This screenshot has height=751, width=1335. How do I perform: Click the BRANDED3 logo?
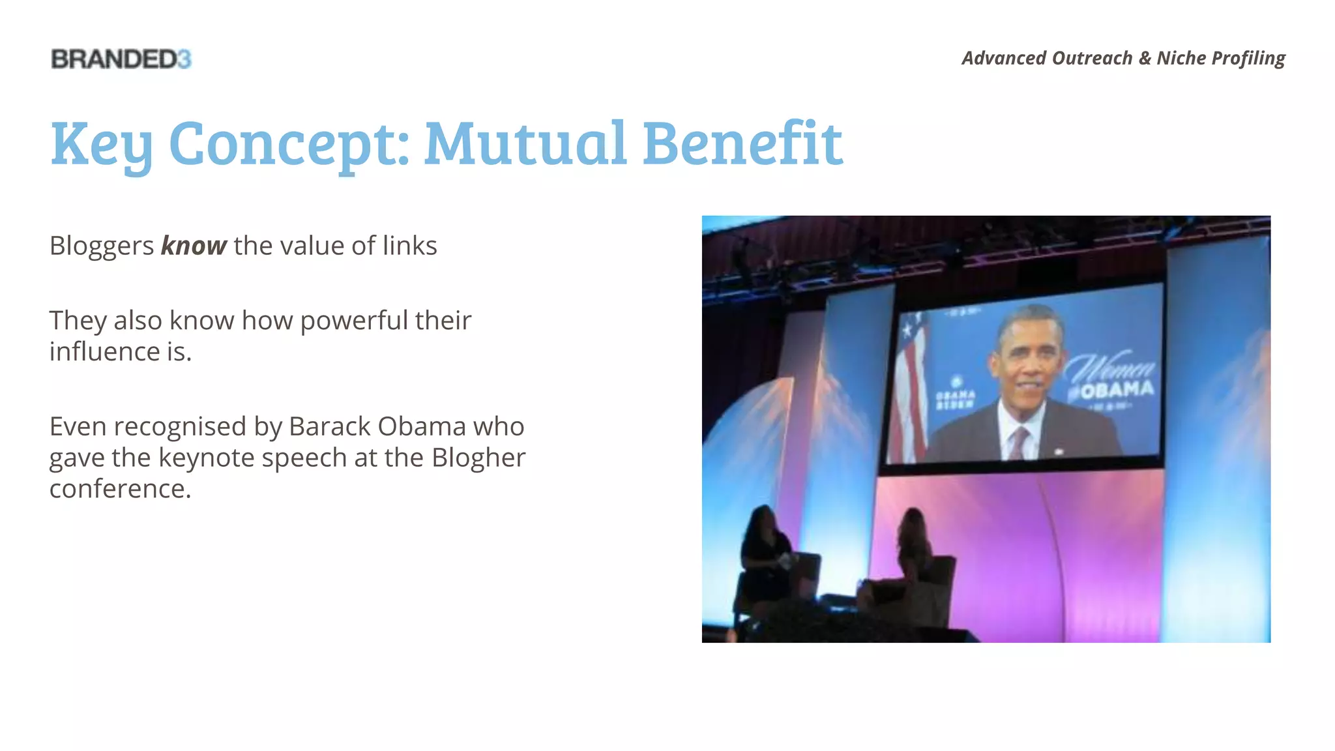[x=121, y=59]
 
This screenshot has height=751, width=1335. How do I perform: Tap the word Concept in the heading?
[x=289, y=145]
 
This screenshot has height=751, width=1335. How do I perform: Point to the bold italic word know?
[x=194, y=246]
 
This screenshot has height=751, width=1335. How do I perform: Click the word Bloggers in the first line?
[x=102, y=246]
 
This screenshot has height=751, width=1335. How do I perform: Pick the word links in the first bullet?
[x=409, y=246]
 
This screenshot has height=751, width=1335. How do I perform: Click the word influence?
[x=104, y=352]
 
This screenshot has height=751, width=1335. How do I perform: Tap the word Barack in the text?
[x=329, y=427]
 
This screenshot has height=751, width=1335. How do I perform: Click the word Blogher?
[x=478, y=458]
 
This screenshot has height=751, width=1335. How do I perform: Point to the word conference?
[x=119, y=489]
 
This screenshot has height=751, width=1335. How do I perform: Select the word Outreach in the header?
[x=1092, y=58]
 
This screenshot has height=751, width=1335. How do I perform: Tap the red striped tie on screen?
[x=1018, y=443]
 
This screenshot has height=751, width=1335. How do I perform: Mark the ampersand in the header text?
[x=1145, y=58]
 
